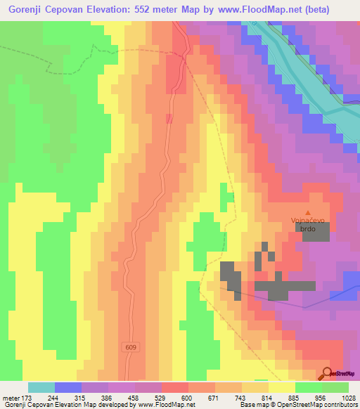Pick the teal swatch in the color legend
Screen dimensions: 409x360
click(x=41, y=387)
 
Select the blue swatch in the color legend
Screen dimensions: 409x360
click(x=68, y=387)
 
